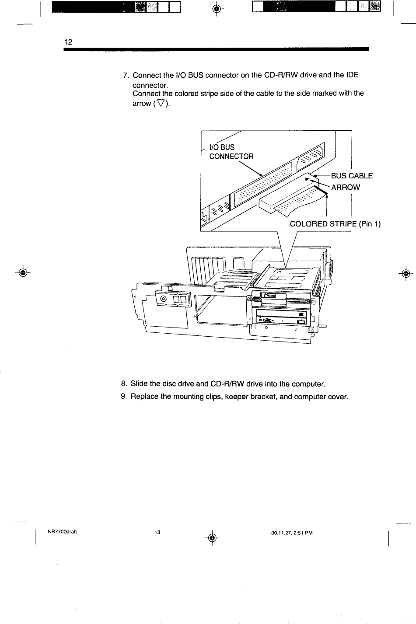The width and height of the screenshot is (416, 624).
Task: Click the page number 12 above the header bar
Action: (68, 42)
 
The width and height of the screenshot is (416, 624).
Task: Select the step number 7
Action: (126, 75)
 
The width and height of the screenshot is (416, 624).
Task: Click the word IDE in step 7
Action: (352, 75)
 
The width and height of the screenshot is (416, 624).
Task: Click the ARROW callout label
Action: (345, 187)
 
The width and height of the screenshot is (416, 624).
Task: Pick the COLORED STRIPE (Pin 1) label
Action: (335, 224)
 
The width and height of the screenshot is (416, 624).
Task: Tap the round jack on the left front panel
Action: (164, 299)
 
